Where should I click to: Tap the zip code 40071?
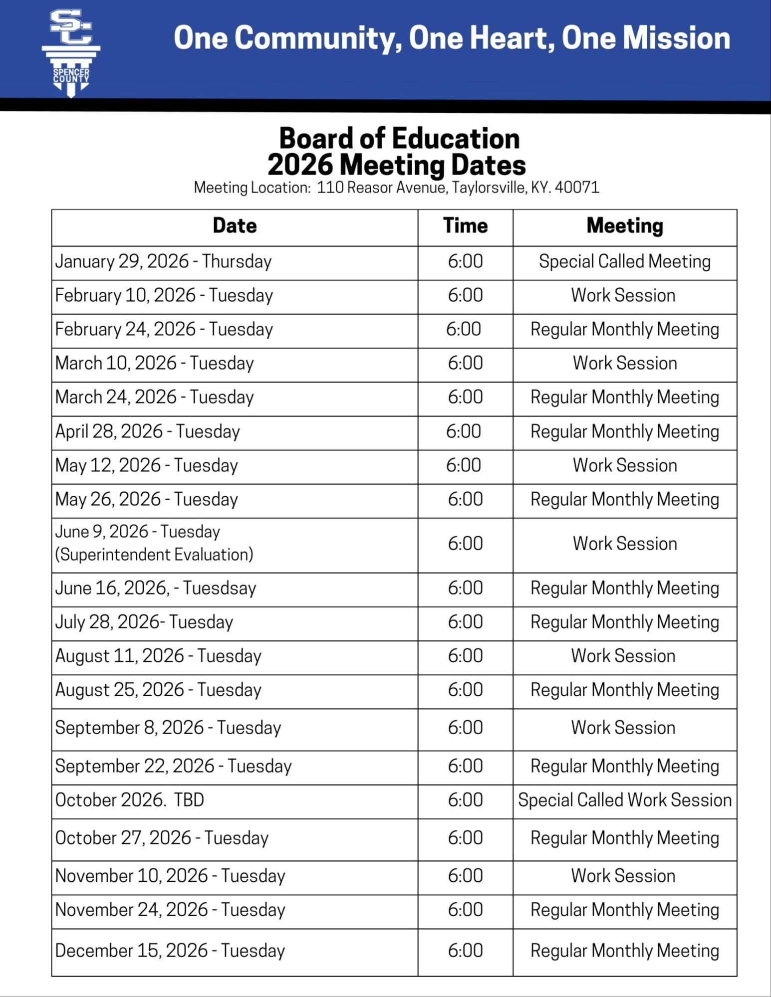click(577, 188)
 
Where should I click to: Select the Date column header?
click(235, 226)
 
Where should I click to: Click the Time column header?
click(465, 226)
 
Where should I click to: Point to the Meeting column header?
click(625, 226)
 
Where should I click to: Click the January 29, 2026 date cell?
click(163, 261)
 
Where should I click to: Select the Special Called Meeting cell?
click(625, 261)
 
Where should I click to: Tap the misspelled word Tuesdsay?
click(220, 588)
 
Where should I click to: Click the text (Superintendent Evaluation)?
click(154, 555)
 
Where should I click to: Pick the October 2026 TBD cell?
click(130, 800)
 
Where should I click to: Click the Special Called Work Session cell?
click(625, 800)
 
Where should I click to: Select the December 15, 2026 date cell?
click(170, 951)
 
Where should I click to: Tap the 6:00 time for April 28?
click(464, 431)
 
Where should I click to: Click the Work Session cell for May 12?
click(625, 465)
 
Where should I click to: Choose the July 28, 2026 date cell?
click(144, 622)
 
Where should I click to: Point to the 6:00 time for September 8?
click(465, 728)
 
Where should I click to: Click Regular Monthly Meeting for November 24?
click(625, 910)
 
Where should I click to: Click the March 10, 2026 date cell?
click(154, 363)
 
